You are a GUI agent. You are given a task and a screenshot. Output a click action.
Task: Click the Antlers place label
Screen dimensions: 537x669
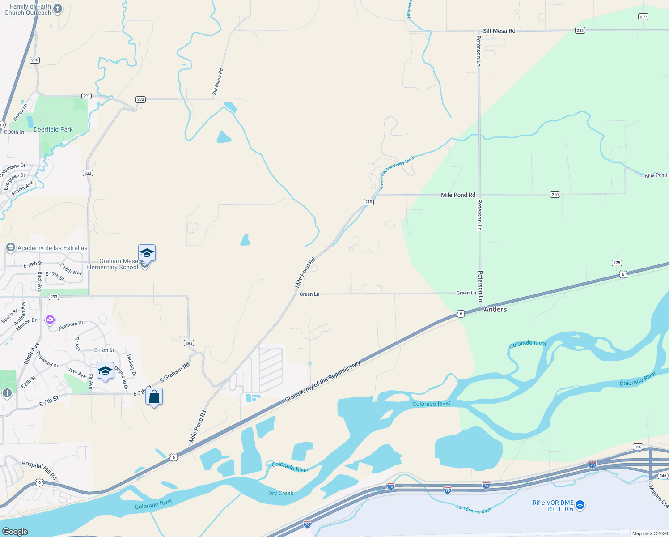tap(495, 309)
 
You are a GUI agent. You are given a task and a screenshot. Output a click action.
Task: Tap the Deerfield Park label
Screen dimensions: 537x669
tap(53, 129)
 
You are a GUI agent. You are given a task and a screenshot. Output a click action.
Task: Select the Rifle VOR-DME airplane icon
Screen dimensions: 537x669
tap(580, 505)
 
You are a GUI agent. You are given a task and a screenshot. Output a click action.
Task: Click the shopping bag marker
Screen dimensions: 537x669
tap(154, 397)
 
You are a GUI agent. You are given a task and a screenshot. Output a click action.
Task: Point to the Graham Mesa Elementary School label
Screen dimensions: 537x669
tap(112, 264)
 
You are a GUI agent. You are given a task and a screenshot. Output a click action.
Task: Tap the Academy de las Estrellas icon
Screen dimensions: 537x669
tap(10, 247)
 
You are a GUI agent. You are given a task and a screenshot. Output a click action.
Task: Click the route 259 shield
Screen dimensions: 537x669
tap(643, 17)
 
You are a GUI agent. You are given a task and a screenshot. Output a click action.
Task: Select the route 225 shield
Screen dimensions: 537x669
tap(617, 263)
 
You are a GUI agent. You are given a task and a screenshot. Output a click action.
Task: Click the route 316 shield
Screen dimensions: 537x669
tap(638, 447)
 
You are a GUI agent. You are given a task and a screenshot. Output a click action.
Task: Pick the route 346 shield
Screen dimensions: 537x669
tap(663, 476)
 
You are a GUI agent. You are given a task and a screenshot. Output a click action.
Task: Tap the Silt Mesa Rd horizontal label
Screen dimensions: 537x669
tap(499, 31)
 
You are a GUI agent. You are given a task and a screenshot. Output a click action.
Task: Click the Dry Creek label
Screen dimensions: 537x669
tap(281, 493)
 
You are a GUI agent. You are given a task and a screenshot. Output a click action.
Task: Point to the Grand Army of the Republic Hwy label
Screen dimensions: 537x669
tap(323, 381)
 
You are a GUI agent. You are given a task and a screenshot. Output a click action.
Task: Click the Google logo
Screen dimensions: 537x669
tap(15, 532)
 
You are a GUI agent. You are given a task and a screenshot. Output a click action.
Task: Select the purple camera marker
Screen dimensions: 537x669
tap(50, 320)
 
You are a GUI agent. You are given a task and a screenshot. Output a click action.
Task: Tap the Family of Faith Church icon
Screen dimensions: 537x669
tap(58, 9)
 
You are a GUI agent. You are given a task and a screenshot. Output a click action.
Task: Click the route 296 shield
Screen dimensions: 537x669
tap(35, 60)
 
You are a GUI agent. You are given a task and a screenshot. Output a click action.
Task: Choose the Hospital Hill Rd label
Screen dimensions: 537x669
tap(39, 470)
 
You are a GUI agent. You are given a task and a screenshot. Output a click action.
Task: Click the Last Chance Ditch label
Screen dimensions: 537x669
tap(474, 509)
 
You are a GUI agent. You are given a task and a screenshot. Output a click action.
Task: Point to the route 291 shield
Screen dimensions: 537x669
tap(86, 96)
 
